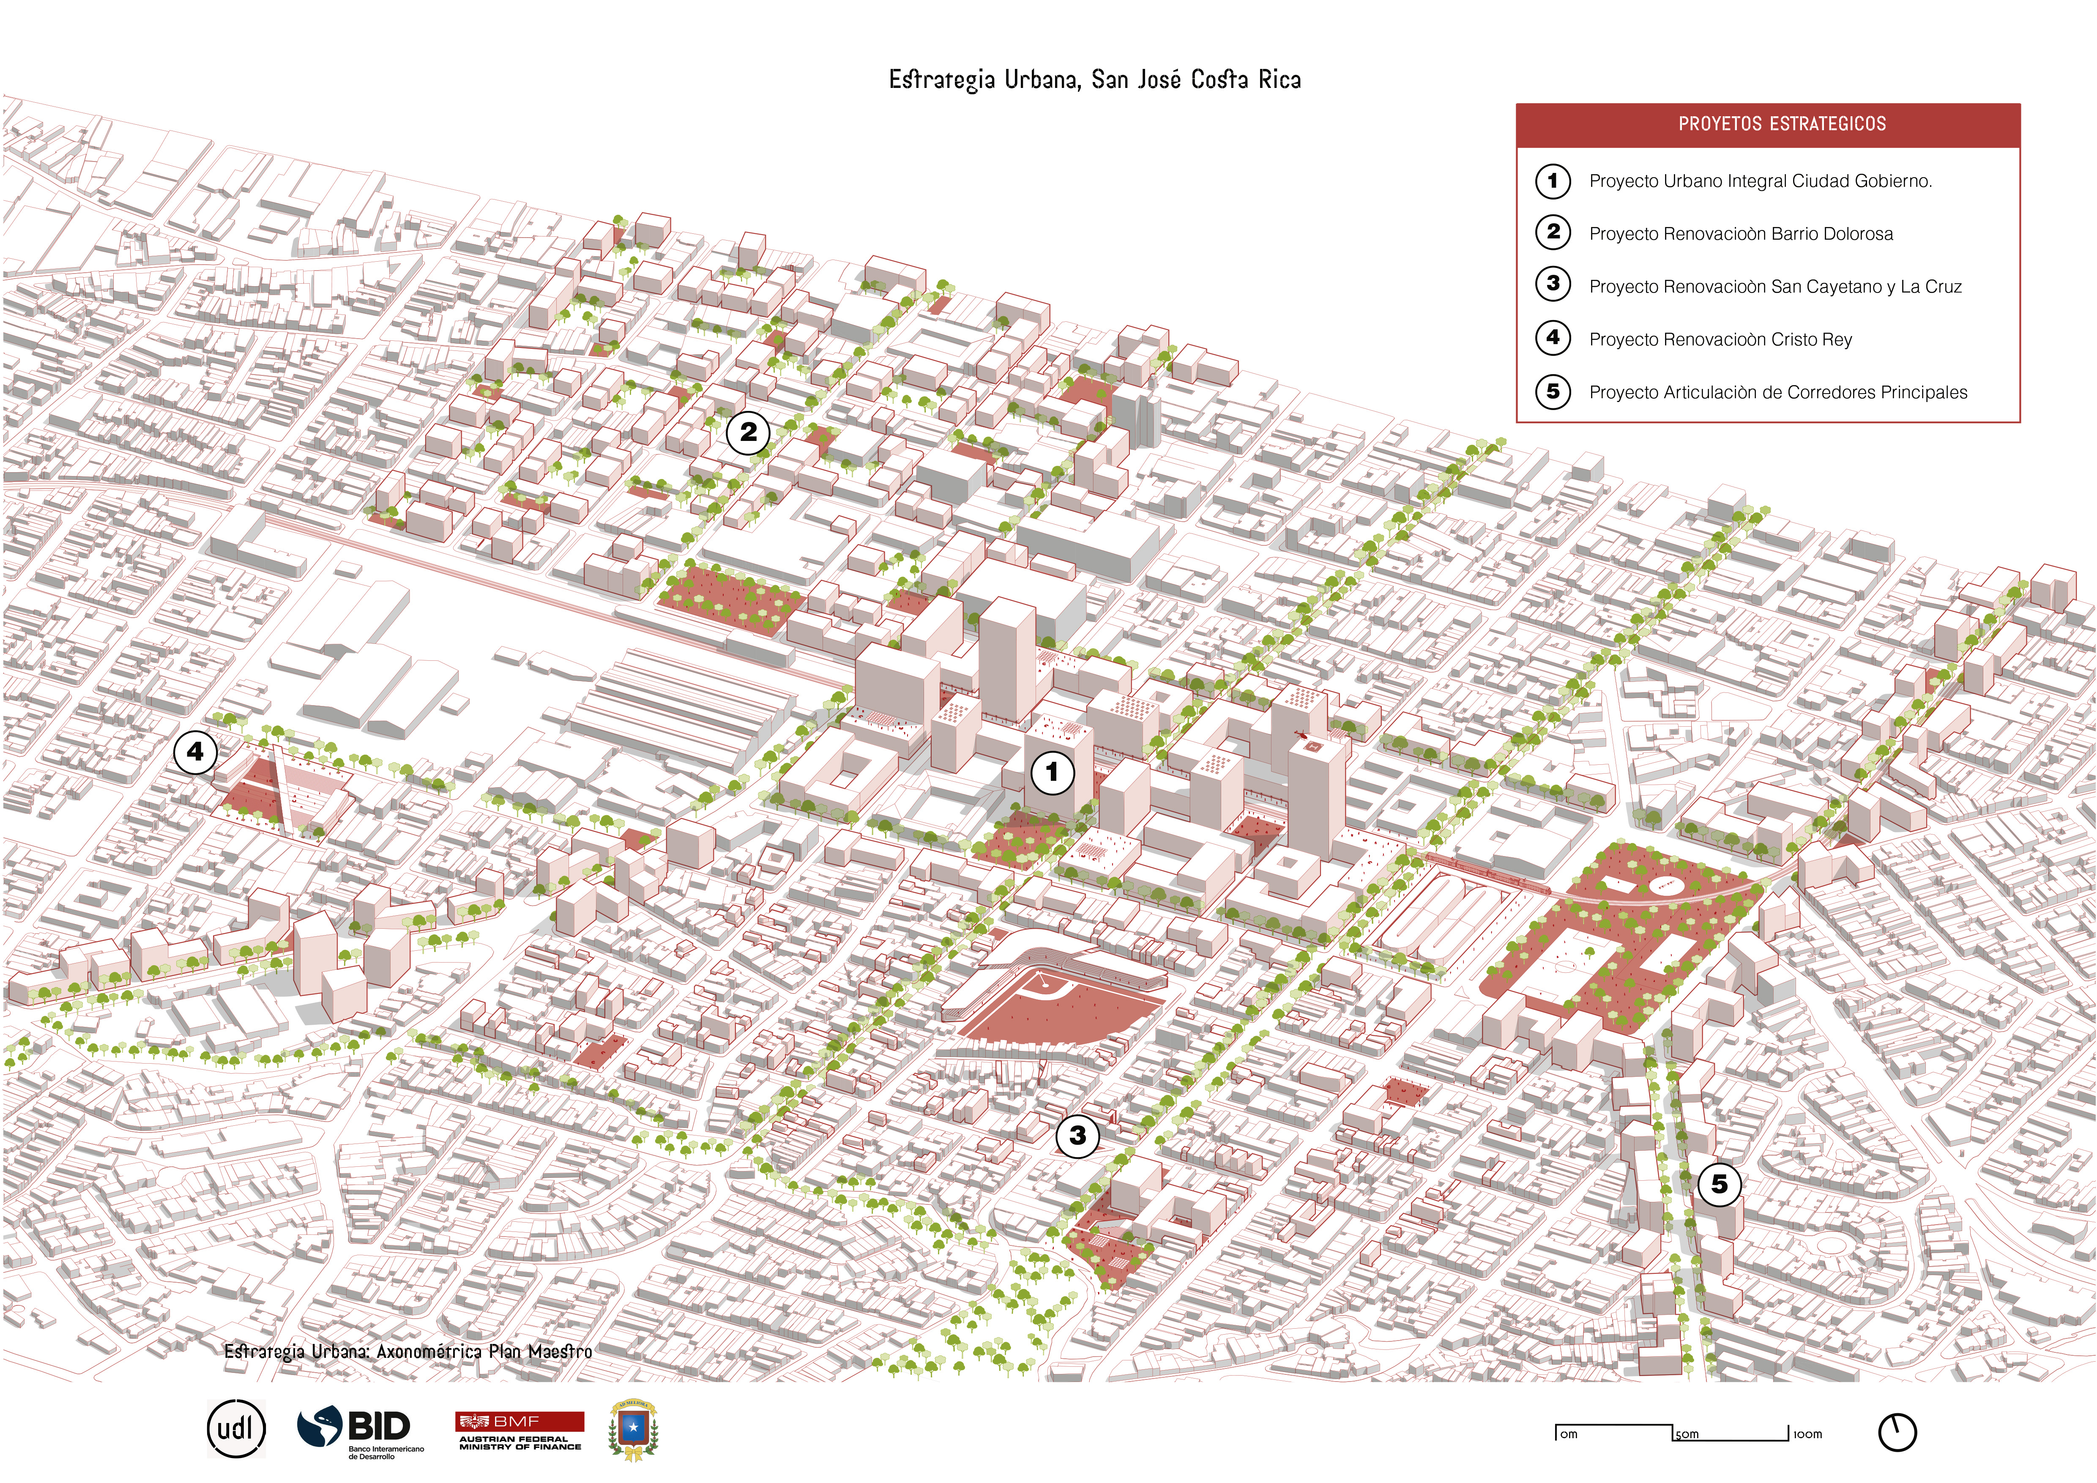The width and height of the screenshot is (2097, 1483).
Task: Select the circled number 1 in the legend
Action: (x=1553, y=181)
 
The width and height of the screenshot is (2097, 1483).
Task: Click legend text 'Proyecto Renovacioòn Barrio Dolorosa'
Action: (x=1741, y=234)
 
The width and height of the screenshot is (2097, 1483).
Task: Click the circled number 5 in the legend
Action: (x=1553, y=392)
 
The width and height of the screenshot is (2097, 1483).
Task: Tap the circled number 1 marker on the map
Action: (x=1052, y=772)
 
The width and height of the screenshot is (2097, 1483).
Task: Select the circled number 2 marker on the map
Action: (x=748, y=433)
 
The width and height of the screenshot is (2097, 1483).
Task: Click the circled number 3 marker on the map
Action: (x=1078, y=1136)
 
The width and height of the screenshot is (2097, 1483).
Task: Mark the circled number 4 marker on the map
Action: (x=195, y=752)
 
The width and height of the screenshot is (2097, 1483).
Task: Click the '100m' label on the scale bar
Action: (x=1807, y=1435)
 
